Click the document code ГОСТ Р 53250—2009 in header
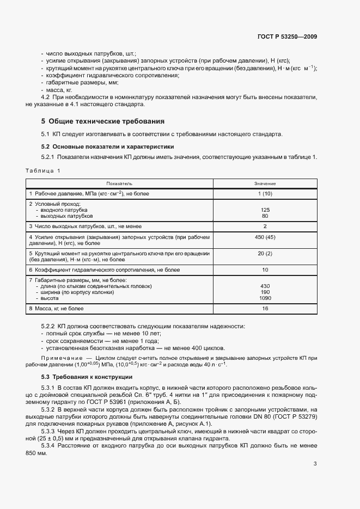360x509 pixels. pos(287,37)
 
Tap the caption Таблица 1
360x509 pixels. pos(43,170)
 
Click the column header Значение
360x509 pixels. pos(265,184)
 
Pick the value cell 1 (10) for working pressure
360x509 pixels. pos(265,194)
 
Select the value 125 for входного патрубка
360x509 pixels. pos(265,210)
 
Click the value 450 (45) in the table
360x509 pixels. pos(265,238)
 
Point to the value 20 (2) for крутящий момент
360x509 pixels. pos(265,254)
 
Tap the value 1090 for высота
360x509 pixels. pos(265,298)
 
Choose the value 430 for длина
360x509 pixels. pos(265,286)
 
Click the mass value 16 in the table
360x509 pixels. pos(265,309)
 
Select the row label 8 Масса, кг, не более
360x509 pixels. pos(57,309)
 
